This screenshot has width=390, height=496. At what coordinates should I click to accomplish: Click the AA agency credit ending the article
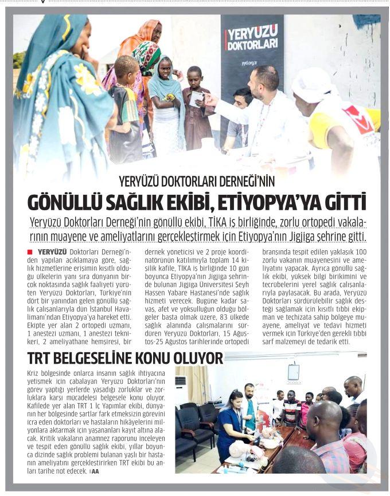click(x=95, y=471)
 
